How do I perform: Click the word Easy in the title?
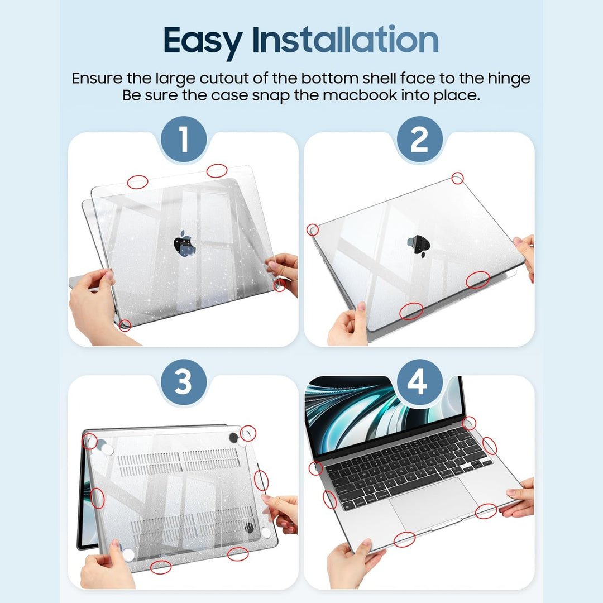pyautogui.click(x=203, y=40)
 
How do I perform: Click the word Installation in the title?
pyautogui.click(x=345, y=40)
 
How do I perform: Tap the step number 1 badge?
pyautogui.click(x=184, y=140)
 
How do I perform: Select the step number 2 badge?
pyautogui.click(x=419, y=140)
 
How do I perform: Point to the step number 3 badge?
pyautogui.click(x=184, y=383)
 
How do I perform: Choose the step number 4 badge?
pyautogui.click(x=419, y=383)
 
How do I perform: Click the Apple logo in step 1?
pyautogui.click(x=184, y=245)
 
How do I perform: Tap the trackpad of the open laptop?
pyautogui.click(x=433, y=504)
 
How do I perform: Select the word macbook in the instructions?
pyautogui.click(x=363, y=95)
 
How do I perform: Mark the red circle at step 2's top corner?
pyautogui.click(x=457, y=178)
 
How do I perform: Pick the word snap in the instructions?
pyautogui.click(x=269, y=95)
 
